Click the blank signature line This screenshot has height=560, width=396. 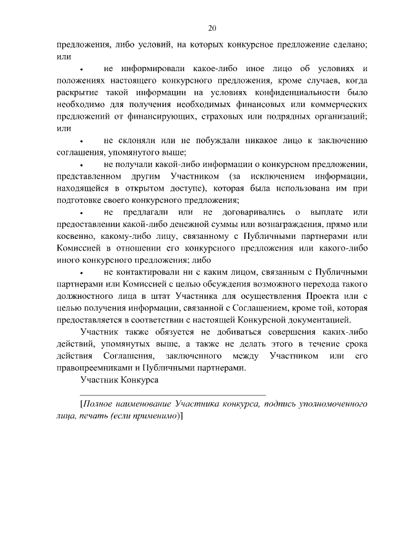coord(173,394)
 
